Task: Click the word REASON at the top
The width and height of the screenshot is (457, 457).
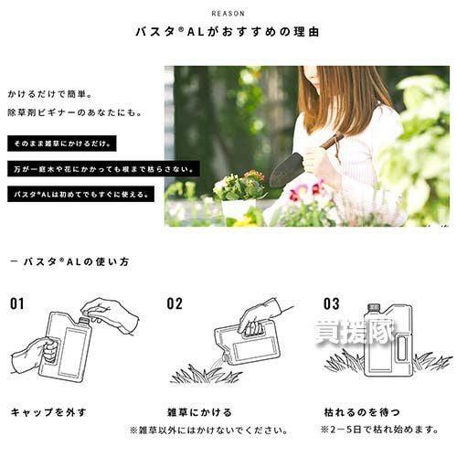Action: pos(228,14)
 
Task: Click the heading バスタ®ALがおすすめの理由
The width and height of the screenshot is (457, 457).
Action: pos(228,32)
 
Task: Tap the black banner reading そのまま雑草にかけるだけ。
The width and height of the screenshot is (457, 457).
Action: pos(62,143)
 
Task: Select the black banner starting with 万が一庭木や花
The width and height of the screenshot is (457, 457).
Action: pos(103,169)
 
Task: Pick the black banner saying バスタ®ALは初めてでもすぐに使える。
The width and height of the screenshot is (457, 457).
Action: pos(80,194)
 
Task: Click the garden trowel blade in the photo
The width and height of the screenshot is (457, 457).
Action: pos(286,168)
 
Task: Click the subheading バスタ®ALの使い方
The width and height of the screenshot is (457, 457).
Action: pos(69,261)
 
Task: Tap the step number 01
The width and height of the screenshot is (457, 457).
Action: pos(16,303)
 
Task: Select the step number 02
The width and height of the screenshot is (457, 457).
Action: pos(175,303)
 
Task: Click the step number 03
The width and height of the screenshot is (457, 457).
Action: pos(332,303)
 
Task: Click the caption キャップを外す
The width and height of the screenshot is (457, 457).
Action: pos(48,412)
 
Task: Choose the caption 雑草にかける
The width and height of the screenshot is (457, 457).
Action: pos(199,412)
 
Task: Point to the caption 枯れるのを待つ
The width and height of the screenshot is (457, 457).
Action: pos(362,412)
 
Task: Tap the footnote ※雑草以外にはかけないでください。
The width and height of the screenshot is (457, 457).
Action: pos(209,430)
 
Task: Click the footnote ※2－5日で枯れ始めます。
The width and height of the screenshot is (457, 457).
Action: pos(379,430)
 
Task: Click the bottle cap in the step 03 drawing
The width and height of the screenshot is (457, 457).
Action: pos(374,308)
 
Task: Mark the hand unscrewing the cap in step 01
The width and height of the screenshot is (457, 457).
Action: pos(111,315)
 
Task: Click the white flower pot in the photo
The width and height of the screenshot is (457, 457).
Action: pos(239,209)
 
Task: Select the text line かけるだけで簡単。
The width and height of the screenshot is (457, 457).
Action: pos(49,94)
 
